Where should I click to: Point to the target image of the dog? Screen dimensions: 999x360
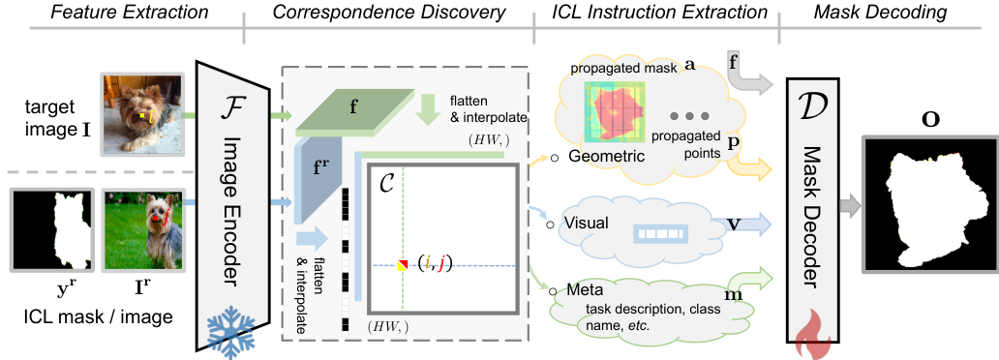point(142,115)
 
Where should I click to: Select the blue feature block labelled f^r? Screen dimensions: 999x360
point(318,181)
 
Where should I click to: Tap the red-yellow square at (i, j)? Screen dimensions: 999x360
point(403,265)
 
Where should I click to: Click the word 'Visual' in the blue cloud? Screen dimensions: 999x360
point(586,224)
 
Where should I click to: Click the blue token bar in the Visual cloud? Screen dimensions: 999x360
point(661,234)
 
